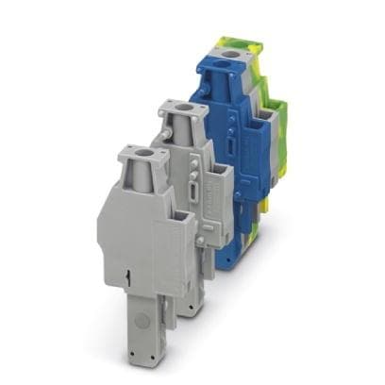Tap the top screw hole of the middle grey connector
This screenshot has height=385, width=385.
(x=179, y=110)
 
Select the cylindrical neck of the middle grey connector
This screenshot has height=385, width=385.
(x=181, y=127)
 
